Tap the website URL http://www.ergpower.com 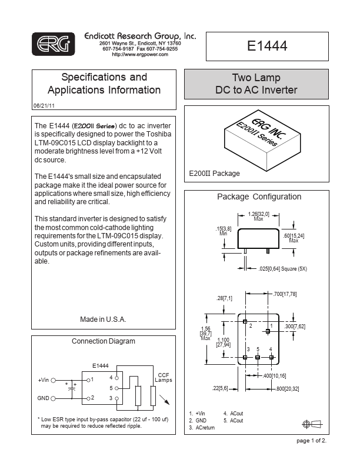140,54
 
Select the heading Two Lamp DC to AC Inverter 256,84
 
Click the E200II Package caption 215,174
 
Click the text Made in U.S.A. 103,319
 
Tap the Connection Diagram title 103,341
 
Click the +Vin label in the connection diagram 44,380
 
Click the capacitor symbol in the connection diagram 72,389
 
